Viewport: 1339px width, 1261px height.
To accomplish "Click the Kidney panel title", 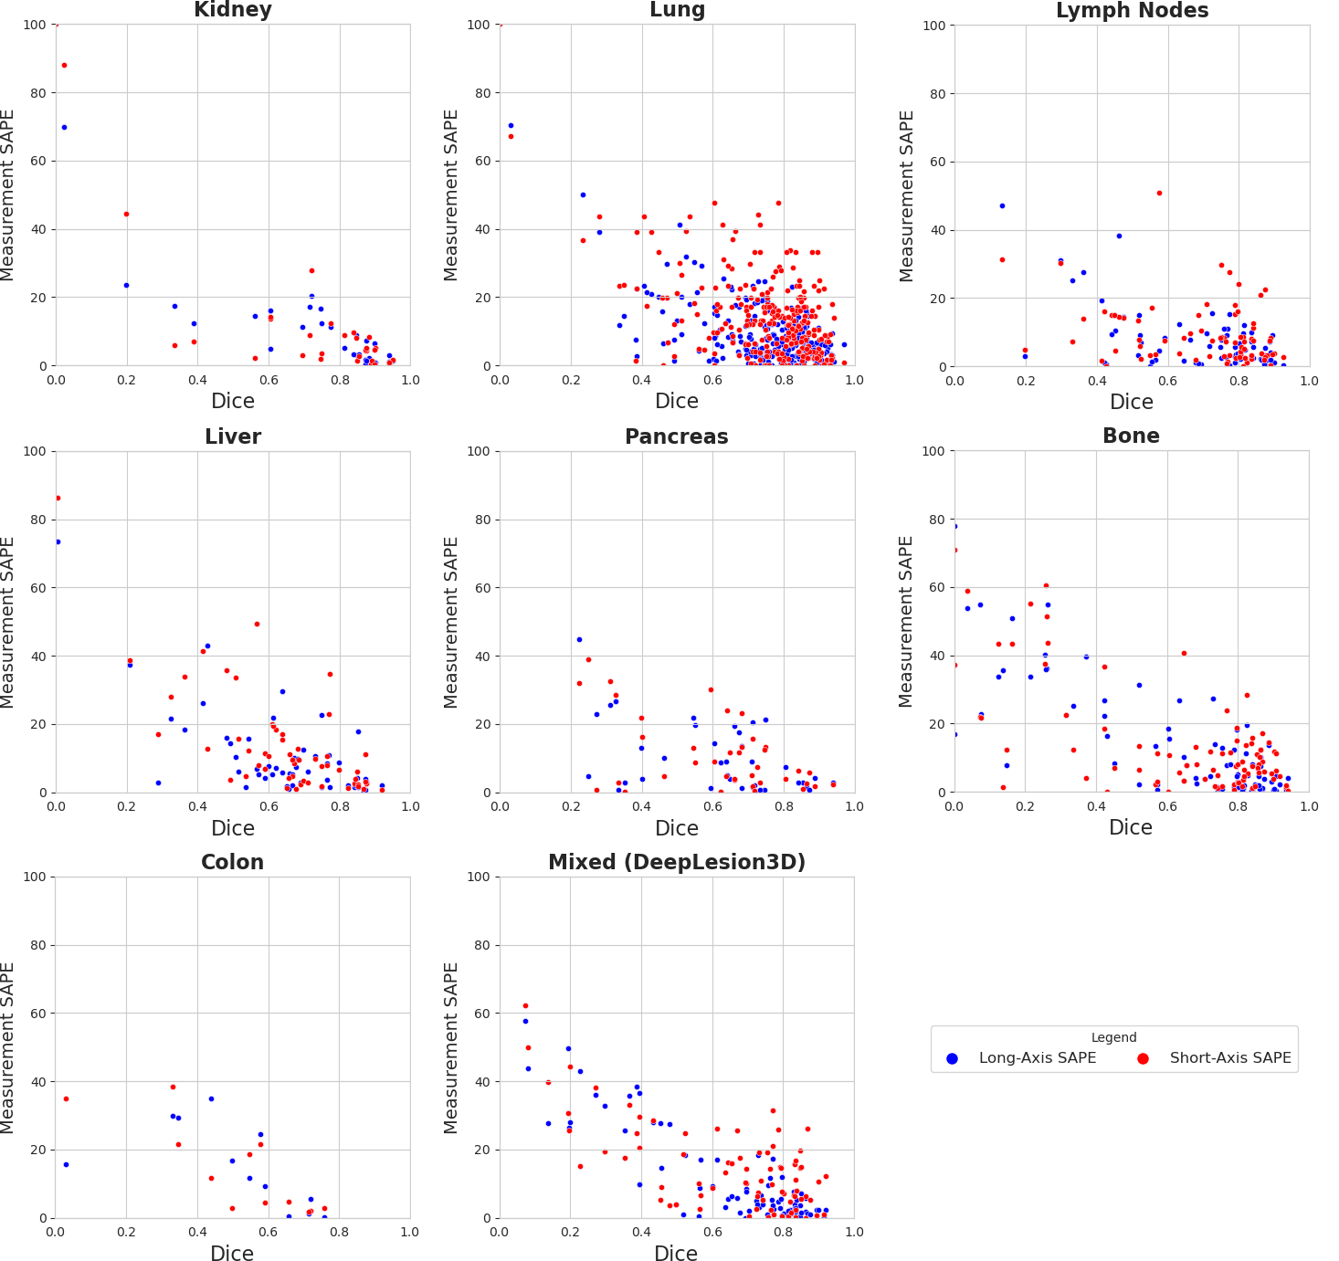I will point(233,10).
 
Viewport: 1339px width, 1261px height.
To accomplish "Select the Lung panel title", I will point(677,10).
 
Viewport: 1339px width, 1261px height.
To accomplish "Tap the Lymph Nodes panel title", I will point(1132,11).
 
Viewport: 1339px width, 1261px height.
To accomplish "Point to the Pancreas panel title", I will point(677,436).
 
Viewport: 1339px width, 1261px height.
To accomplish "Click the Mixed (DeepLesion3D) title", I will point(677,863).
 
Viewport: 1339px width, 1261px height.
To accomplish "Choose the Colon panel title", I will point(232,863).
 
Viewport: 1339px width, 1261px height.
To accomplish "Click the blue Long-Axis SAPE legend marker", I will point(953,1058).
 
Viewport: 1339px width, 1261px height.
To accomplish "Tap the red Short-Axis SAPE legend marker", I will point(1143,1058).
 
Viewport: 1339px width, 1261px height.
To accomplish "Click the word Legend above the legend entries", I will point(1113,1037).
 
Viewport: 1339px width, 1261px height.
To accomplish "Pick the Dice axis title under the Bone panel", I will point(1131,827).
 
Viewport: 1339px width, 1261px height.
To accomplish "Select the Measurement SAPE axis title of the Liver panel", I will point(8,622).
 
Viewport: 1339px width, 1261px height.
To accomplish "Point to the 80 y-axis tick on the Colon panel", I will point(35,945).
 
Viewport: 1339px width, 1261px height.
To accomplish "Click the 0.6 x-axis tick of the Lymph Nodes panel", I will point(1167,380).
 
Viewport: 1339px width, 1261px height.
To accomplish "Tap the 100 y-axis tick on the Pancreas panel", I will point(479,451).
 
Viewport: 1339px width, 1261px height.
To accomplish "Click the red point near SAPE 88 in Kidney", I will point(64,65).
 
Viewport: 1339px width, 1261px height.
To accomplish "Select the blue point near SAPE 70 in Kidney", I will point(64,127).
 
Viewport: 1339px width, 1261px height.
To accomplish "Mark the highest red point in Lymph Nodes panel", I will point(1159,193).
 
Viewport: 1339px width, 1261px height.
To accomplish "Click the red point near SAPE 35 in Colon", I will point(66,1098).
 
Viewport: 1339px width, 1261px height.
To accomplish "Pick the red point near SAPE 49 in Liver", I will point(257,624).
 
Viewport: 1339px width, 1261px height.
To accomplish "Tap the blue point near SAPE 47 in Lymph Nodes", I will point(1002,205).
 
